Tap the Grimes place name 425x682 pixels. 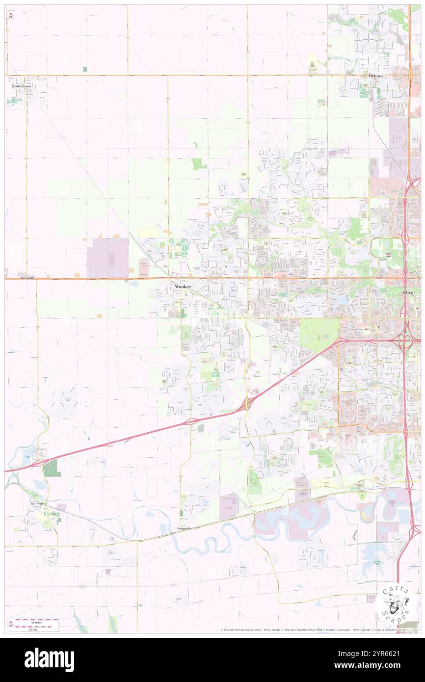point(376,76)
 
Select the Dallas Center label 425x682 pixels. point(23,86)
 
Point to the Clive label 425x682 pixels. point(408,292)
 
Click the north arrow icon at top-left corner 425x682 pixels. point(11,15)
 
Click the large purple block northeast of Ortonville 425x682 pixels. point(108,257)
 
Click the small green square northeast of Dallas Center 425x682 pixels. point(85,69)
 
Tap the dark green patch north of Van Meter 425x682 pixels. point(51,468)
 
